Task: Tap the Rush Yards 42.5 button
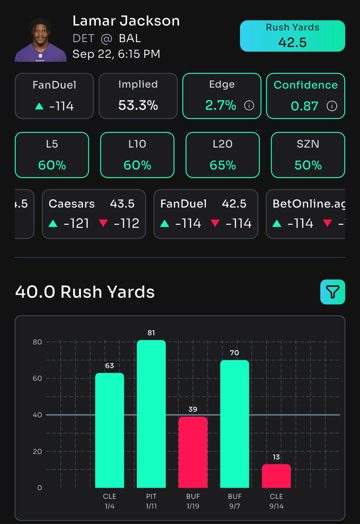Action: [292, 36]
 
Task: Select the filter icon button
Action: [332, 292]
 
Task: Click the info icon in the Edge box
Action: [249, 106]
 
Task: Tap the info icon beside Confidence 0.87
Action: [332, 106]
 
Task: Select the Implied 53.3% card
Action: [138, 96]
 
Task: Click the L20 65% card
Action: [222, 155]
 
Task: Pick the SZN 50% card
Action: [308, 155]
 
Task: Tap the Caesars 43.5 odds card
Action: [94, 214]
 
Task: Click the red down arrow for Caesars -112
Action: [103, 224]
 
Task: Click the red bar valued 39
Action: [193, 452]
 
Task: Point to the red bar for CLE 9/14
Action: [276, 476]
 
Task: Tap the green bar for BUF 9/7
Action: [235, 424]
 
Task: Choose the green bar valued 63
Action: [109, 430]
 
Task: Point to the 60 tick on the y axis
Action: [37, 379]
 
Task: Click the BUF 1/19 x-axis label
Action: [193, 501]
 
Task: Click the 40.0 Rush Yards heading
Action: [85, 292]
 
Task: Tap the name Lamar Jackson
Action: [126, 21]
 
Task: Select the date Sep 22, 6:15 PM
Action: [116, 54]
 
